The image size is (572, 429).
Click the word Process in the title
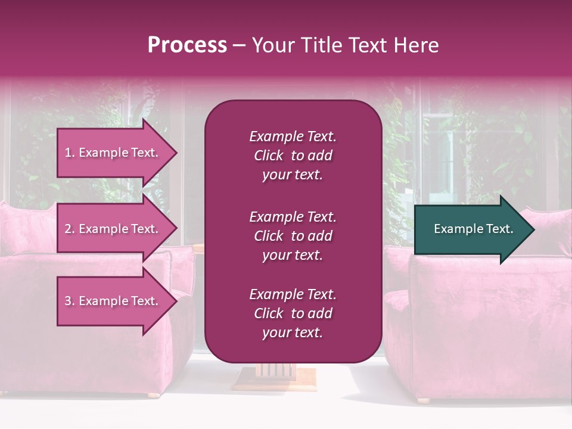click(187, 45)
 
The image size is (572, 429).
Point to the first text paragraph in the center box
click(293, 156)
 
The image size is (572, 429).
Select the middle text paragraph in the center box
click(293, 236)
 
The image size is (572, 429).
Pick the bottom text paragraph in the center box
click(293, 313)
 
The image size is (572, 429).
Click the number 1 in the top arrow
click(68, 153)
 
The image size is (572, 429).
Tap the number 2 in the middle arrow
click(68, 229)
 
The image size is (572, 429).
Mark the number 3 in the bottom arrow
click(68, 301)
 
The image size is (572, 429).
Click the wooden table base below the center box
click(275, 375)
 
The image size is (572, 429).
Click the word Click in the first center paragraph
click(268, 156)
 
